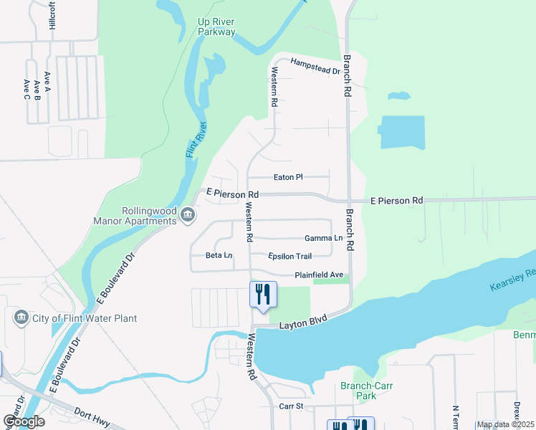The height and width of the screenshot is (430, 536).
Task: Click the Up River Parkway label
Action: [x=216, y=27]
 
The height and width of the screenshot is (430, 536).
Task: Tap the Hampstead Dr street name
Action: [x=315, y=67]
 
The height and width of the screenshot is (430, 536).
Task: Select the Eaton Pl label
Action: [x=289, y=177]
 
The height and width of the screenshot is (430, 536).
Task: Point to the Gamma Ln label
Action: [x=323, y=238]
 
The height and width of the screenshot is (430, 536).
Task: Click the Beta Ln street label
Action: [x=219, y=255]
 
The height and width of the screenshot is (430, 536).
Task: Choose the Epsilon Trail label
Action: [x=290, y=256]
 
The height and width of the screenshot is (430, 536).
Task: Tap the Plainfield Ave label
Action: [x=319, y=275]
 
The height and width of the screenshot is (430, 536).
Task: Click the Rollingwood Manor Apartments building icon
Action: [x=187, y=214]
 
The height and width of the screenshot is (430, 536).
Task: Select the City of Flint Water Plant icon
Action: [x=21, y=317]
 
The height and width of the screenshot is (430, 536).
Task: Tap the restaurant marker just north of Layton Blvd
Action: [x=262, y=295]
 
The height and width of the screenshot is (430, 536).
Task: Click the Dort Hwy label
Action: [x=89, y=415]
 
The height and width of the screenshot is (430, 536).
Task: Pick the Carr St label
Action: [x=291, y=406]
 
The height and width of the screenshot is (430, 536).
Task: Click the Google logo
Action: [x=24, y=421]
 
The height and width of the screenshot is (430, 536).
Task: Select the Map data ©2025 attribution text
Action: [x=504, y=424]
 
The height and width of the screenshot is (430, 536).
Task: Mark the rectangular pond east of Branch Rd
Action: [x=402, y=132]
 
